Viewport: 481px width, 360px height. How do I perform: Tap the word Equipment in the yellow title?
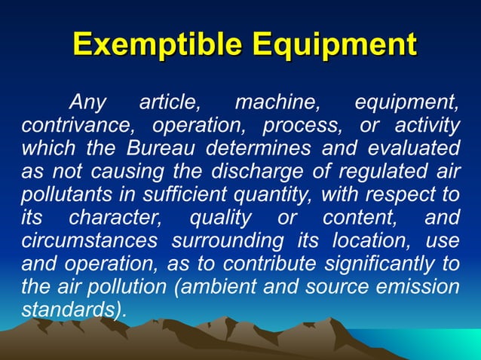tap(334, 44)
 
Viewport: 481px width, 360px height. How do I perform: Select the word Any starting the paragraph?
tap(88, 102)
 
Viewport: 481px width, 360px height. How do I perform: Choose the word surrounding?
tap(224, 243)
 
